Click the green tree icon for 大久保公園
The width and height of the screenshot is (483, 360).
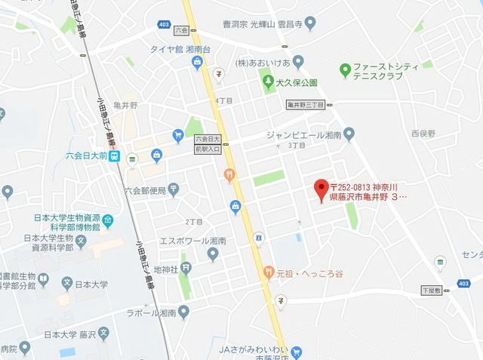click(266, 81)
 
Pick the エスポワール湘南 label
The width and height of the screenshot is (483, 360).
click(177, 241)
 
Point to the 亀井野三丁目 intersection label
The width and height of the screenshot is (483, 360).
click(305, 106)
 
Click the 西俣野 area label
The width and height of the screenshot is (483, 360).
click(422, 134)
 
